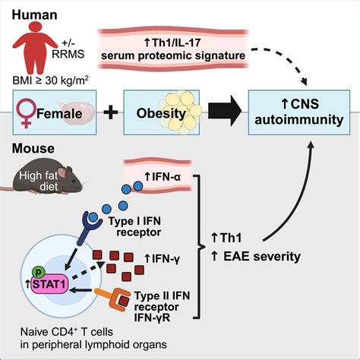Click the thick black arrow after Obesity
226,114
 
